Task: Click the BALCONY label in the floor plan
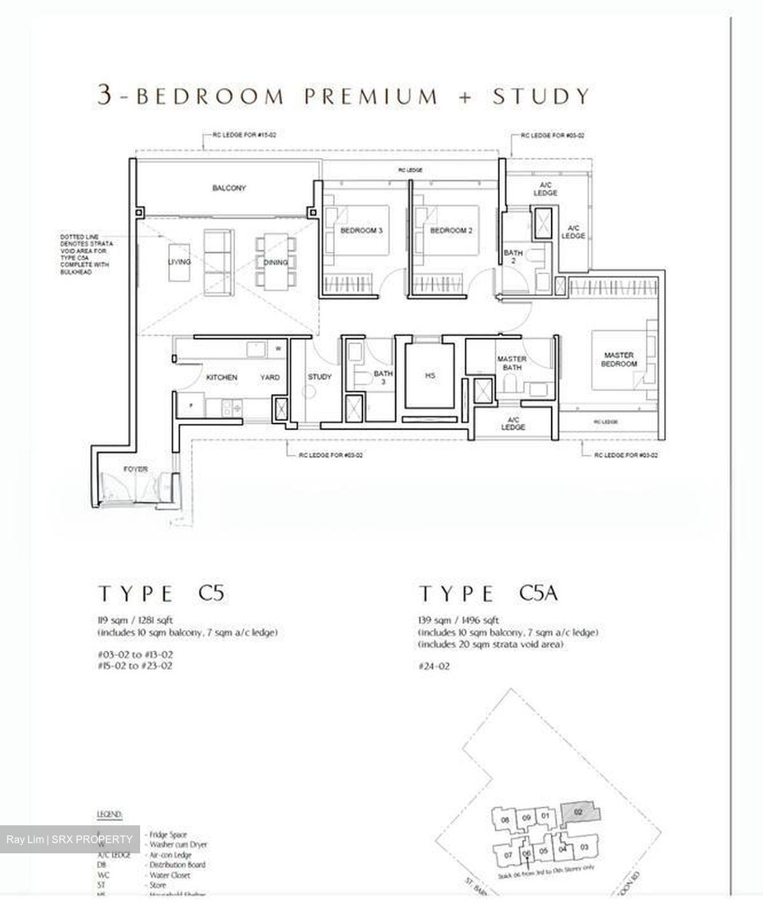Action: click(x=229, y=188)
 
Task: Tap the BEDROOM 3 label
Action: click(x=361, y=231)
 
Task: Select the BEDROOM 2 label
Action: click(x=451, y=231)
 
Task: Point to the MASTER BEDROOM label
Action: click(x=619, y=359)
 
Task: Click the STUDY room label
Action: click(x=320, y=376)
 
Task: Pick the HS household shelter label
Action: click(x=430, y=376)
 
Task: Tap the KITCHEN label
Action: click(x=222, y=378)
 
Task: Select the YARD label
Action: click(x=270, y=378)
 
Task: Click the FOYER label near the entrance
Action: click(x=136, y=469)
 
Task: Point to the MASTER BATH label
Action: click(x=511, y=363)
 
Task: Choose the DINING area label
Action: click(x=275, y=262)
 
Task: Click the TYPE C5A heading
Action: click(x=488, y=594)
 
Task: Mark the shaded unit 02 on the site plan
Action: click(x=578, y=813)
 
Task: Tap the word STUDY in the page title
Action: click(x=541, y=96)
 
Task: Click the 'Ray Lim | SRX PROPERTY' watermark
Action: click(x=70, y=839)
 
